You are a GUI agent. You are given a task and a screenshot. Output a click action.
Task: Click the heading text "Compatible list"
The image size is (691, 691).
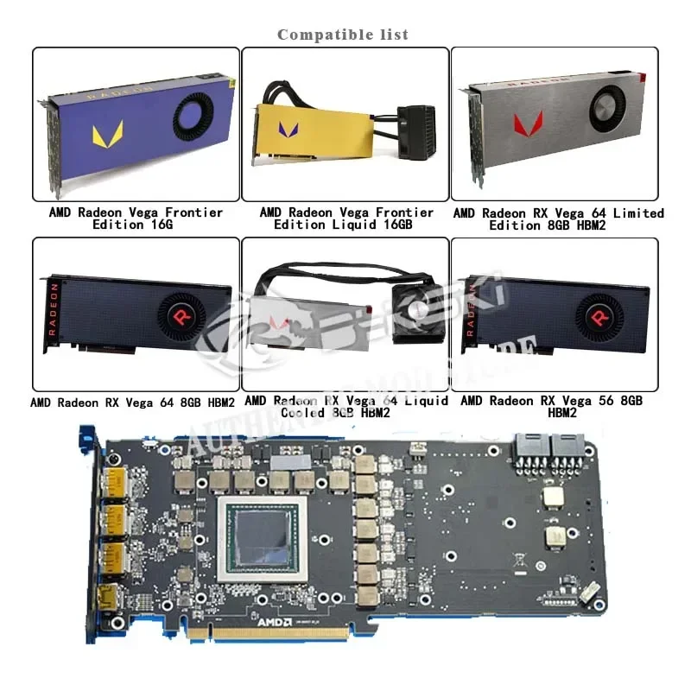click(x=343, y=35)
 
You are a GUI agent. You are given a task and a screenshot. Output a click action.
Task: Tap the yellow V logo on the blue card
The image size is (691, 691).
click(x=107, y=134)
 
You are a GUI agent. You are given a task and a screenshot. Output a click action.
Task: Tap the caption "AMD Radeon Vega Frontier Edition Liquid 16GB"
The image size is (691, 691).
click(x=346, y=218)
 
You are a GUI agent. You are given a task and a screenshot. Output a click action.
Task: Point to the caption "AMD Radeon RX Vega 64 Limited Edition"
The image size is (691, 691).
click(x=558, y=219)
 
